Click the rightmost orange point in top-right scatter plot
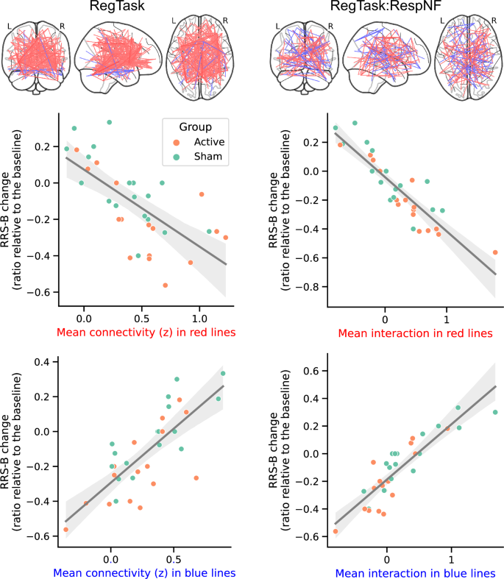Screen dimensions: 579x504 (494, 252)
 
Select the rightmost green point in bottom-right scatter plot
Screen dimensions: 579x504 (495, 412)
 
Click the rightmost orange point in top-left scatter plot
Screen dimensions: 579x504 (225, 238)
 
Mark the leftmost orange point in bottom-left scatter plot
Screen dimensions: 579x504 (65, 529)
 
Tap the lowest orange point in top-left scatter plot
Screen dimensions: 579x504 (166, 285)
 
